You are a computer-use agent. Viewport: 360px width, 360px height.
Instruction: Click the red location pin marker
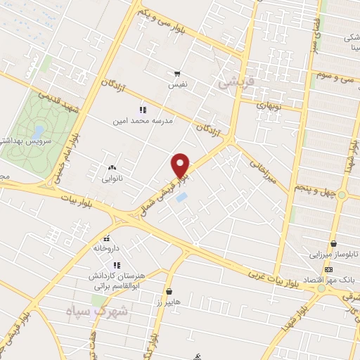pyautogui.click(x=181, y=165)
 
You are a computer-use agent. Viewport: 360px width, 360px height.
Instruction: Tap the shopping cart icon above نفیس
pyautogui.click(x=177, y=73)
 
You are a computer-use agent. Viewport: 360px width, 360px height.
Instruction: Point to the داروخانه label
pyautogui.click(x=107, y=248)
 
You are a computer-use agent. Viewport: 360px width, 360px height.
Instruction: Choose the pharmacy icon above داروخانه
pyautogui.click(x=107, y=238)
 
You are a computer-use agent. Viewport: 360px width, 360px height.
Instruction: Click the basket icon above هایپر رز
pyautogui.click(x=169, y=291)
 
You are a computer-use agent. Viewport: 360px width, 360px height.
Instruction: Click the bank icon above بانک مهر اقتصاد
pyautogui.click(x=329, y=269)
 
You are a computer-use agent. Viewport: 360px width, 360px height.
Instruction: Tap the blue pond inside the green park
pyautogui.click(x=39, y=131)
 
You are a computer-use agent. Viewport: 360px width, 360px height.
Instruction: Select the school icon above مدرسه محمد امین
pyautogui.click(x=143, y=110)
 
